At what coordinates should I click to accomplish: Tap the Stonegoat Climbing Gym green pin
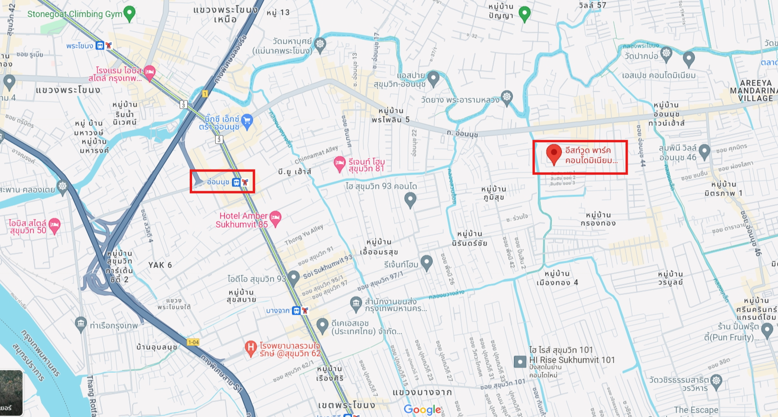(129, 13)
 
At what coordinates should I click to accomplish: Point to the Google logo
(422, 409)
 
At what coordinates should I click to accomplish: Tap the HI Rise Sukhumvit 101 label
(571, 360)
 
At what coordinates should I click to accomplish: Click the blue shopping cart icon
(247, 121)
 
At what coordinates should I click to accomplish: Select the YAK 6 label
(160, 265)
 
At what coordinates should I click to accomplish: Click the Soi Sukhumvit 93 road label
(328, 267)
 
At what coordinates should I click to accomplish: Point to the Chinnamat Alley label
(316, 155)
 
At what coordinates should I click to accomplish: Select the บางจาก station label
(278, 311)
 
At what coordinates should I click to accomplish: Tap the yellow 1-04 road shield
(193, 342)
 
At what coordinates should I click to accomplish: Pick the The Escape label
(696, 410)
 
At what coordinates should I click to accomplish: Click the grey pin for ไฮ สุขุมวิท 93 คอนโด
(410, 199)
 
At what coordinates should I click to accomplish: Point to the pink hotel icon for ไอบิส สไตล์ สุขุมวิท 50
(55, 226)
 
